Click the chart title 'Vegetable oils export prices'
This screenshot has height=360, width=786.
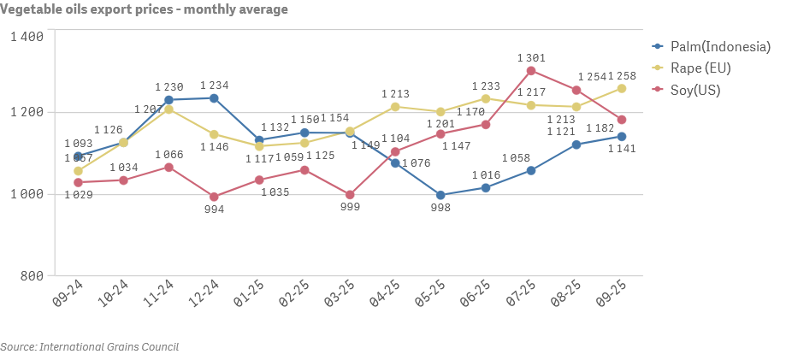click(144, 9)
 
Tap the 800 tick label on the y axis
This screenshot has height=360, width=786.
click(32, 275)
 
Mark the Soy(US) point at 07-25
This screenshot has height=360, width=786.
click(531, 71)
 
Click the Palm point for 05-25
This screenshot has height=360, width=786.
click(440, 195)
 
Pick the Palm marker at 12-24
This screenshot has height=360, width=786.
click(214, 98)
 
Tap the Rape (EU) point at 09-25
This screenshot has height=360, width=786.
click(622, 88)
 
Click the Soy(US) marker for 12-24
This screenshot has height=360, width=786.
click(214, 197)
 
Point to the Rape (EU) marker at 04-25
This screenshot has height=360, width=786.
click(395, 107)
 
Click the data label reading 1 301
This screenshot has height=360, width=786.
click(531, 57)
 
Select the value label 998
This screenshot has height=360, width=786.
click(440, 209)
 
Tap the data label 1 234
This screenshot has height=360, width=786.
click(214, 86)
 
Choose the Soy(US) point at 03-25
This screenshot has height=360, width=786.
click(350, 195)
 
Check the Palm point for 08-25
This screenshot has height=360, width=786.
click(576, 145)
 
